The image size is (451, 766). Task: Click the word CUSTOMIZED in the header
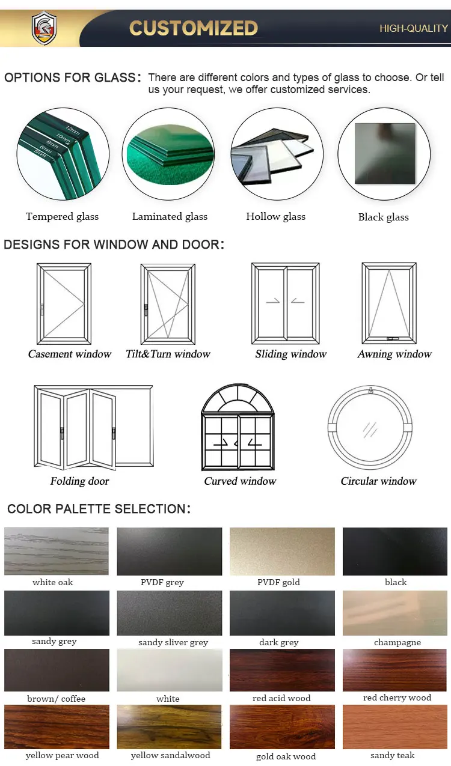(x=194, y=28)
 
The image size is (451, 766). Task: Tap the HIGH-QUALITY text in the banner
(x=414, y=28)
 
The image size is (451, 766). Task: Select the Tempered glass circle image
(x=63, y=154)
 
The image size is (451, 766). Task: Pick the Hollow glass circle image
(x=277, y=154)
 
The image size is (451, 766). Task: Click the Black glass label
(x=383, y=217)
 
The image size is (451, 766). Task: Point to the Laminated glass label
(x=170, y=217)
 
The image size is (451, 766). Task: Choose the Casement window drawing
(x=64, y=303)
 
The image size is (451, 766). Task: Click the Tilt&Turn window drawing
(x=168, y=303)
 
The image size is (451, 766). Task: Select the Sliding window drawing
(x=285, y=303)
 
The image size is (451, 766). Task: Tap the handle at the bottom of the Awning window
(x=390, y=339)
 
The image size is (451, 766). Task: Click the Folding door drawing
(x=93, y=428)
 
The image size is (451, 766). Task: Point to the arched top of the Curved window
(x=238, y=399)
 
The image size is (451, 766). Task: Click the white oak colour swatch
(x=57, y=551)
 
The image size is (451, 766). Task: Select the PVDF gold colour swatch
(x=282, y=551)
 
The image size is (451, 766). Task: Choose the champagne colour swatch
(x=395, y=613)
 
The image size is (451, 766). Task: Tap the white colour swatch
(x=169, y=670)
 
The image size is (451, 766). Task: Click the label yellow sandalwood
(x=170, y=755)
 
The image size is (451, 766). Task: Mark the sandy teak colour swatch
(x=395, y=726)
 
